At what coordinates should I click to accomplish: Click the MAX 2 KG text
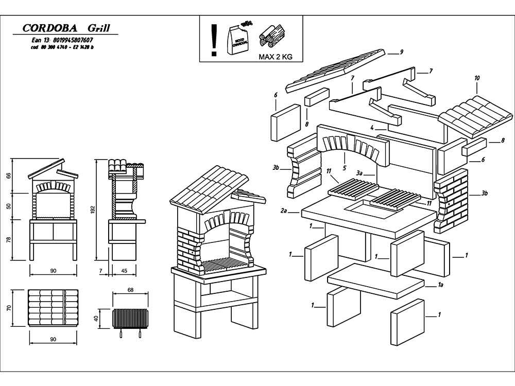(x=275, y=57)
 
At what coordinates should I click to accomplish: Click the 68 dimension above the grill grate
(x=130, y=290)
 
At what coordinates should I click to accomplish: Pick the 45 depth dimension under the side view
(x=124, y=270)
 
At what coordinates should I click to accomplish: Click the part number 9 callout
(x=401, y=52)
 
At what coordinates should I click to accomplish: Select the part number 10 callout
(x=477, y=78)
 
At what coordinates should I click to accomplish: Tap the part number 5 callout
(x=345, y=168)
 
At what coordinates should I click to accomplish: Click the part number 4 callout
(x=371, y=127)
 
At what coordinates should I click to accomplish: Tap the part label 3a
(x=360, y=175)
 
